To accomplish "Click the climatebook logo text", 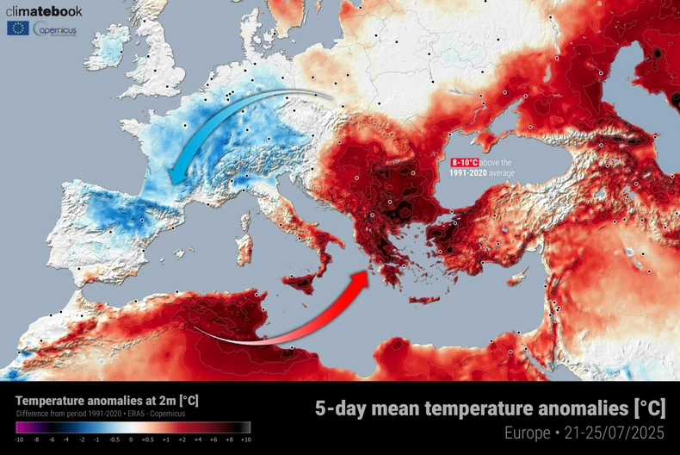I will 45,11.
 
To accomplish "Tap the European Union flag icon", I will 17,28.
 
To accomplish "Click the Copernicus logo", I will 53,29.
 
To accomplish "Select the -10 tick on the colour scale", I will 19,439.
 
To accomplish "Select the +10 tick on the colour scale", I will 245,439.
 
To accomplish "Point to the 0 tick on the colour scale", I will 131,439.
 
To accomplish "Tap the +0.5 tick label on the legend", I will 148,439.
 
